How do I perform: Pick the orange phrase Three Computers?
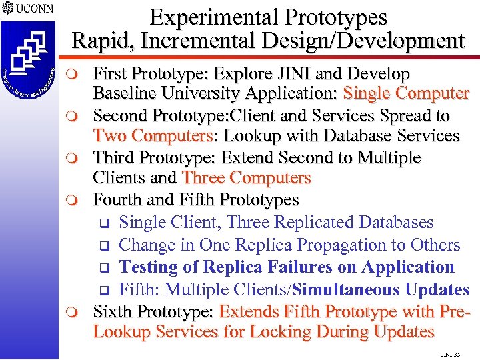[247, 179]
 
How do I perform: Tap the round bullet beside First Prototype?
[79, 74]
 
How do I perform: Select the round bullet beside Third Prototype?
[79, 159]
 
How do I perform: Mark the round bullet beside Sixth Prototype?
[79, 312]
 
